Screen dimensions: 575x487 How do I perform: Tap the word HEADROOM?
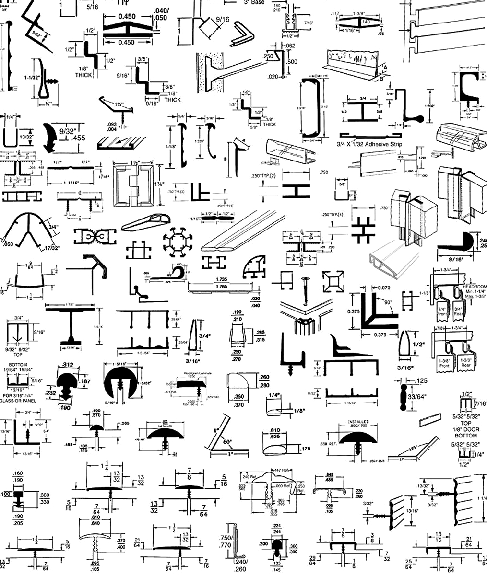475,287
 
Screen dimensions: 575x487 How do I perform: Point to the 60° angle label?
226,441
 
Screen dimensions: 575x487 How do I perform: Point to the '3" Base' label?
254,2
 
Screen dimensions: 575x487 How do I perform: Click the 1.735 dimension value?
221,279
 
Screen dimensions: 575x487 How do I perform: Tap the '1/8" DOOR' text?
466,429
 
